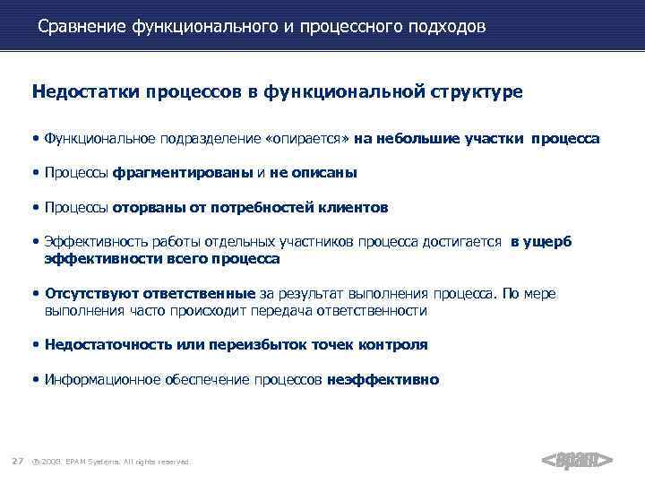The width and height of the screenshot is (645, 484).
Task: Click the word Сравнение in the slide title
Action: click(x=82, y=27)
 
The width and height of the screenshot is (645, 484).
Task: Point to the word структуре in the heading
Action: click(x=475, y=91)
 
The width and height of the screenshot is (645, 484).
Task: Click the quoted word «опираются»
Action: click(x=307, y=140)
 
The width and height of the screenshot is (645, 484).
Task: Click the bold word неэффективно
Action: click(x=383, y=379)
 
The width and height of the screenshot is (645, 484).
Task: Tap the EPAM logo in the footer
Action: click(x=578, y=461)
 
